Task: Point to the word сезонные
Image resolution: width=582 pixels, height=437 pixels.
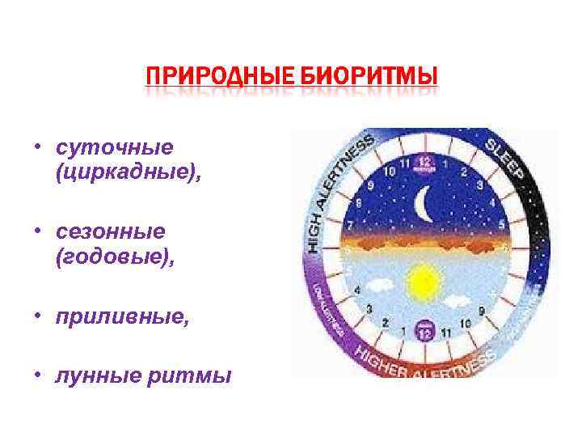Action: click(111, 231)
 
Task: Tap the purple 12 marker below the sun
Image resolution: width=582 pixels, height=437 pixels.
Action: click(424, 331)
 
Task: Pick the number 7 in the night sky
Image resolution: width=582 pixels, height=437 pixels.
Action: click(348, 222)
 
